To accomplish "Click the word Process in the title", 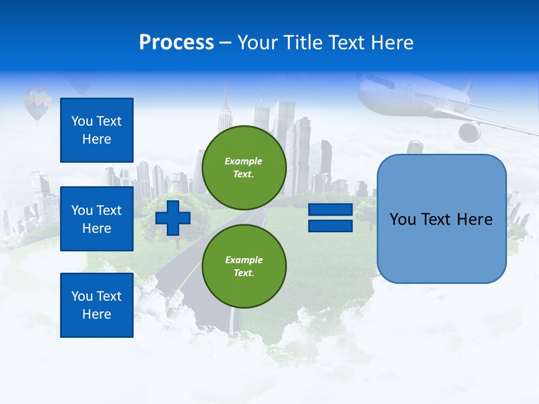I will [176, 43].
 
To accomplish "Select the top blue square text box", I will [97, 130].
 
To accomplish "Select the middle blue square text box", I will [97, 219].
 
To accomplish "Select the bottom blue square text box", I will [97, 305].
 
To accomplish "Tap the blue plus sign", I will [173, 218].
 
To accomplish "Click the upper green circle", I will [244, 168].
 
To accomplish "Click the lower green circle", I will [244, 266].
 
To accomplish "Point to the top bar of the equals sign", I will [330, 210].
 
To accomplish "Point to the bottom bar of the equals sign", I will [330, 226].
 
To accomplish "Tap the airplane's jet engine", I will [469, 131].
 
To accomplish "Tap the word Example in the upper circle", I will [243, 161].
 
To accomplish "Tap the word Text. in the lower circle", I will [244, 273].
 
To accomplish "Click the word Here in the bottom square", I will [97, 314].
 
